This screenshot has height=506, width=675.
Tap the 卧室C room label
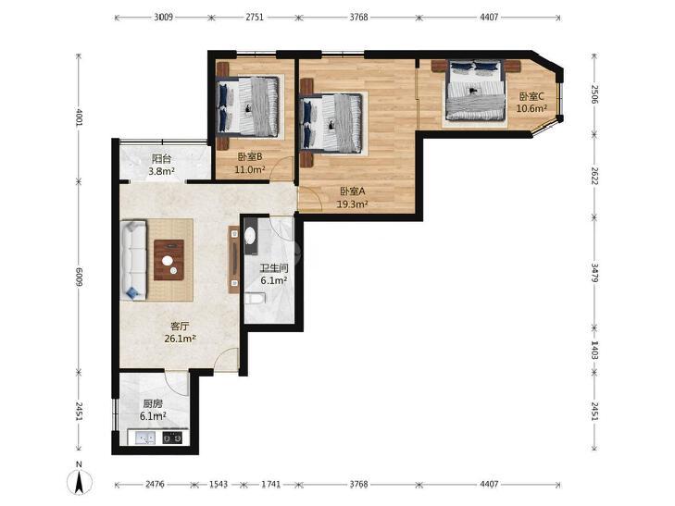(531, 96)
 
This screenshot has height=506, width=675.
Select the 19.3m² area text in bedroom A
(352, 204)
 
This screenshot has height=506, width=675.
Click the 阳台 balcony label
(161, 158)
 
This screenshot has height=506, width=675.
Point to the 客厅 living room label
(180, 327)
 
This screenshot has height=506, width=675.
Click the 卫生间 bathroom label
(274, 268)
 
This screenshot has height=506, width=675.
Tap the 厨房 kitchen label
(153, 404)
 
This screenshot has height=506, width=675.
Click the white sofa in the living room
(134, 260)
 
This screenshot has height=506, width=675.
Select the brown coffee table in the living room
(169, 260)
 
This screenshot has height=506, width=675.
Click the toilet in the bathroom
(255, 298)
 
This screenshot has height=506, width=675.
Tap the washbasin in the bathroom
(250, 236)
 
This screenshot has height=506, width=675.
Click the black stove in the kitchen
(172, 438)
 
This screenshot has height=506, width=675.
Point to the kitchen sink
(145, 438)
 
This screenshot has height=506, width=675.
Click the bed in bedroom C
(475, 91)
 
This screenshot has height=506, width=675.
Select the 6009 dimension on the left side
(79, 278)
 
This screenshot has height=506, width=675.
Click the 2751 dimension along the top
(255, 18)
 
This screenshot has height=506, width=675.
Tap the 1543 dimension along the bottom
(219, 485)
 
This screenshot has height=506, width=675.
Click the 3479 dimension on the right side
(594, 273)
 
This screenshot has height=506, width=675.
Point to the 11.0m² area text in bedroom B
(250, 170)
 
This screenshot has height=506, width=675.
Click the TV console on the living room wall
(233, 260)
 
